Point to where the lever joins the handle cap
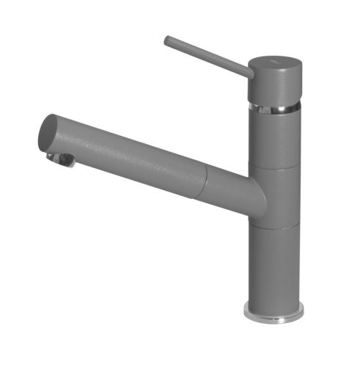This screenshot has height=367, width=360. pos(249,71)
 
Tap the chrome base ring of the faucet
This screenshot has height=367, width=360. pos(274,316)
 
